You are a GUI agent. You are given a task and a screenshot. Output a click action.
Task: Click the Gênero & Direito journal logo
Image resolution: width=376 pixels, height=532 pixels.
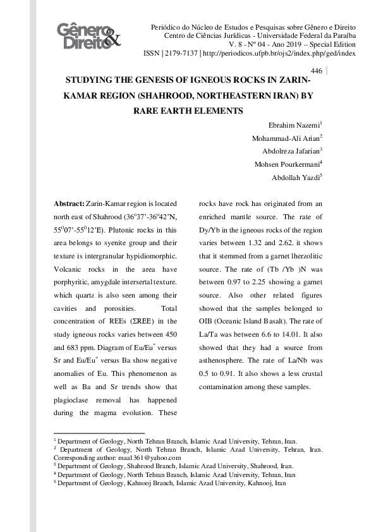point(88,37)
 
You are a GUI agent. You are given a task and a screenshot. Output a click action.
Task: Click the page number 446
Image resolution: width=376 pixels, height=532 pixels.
point(317,71)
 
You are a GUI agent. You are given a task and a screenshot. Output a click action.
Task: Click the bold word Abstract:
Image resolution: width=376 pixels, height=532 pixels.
point(69,203)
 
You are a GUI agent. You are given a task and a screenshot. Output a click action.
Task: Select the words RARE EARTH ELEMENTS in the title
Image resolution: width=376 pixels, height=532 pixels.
point(188,111)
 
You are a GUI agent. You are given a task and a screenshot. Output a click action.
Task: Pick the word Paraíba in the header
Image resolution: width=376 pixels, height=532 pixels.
point(341,37)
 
